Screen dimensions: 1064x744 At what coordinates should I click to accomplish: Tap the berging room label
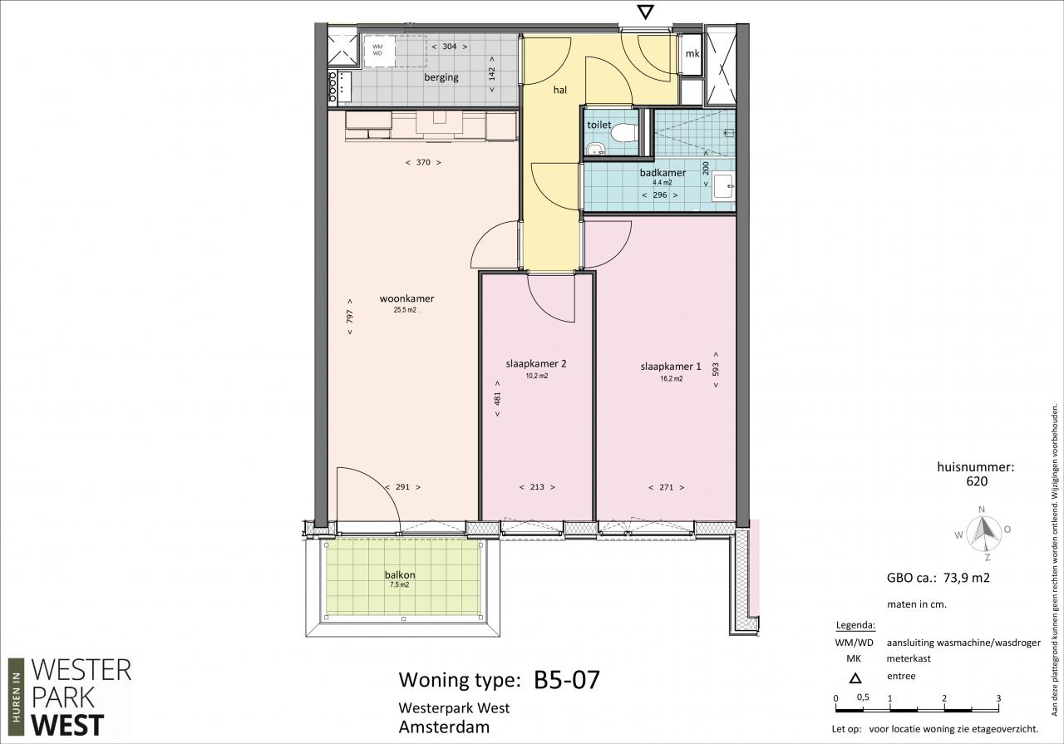point(441,77)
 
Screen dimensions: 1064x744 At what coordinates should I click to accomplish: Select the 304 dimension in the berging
point(450,47)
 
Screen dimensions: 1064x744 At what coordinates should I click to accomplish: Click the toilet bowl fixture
point(624,132)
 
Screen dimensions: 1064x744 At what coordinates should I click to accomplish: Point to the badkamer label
point(663,172)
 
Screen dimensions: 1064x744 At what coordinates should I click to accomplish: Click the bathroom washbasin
point(723,186)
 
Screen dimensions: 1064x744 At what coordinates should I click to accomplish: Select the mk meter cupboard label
point(692,54)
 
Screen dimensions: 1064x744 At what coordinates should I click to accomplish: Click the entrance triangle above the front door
point(646,12)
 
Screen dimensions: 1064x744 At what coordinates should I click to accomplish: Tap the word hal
point(560,90)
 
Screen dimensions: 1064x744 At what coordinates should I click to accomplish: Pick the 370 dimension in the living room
point(423,162)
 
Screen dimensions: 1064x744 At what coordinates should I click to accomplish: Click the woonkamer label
point(406,298)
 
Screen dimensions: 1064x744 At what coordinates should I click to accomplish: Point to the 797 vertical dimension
point(350,317)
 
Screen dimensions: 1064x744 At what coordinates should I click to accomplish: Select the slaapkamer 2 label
point(536,364)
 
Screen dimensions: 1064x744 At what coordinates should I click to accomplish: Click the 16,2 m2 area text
point(671,379)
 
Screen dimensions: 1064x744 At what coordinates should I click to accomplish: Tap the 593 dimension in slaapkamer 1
point(716,370)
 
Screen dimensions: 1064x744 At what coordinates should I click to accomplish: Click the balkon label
point(400,575)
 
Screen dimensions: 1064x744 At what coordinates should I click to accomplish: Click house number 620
point(977,481)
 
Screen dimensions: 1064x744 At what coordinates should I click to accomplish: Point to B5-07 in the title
point(567,680)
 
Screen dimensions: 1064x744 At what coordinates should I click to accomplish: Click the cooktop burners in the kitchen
point(333,87)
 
